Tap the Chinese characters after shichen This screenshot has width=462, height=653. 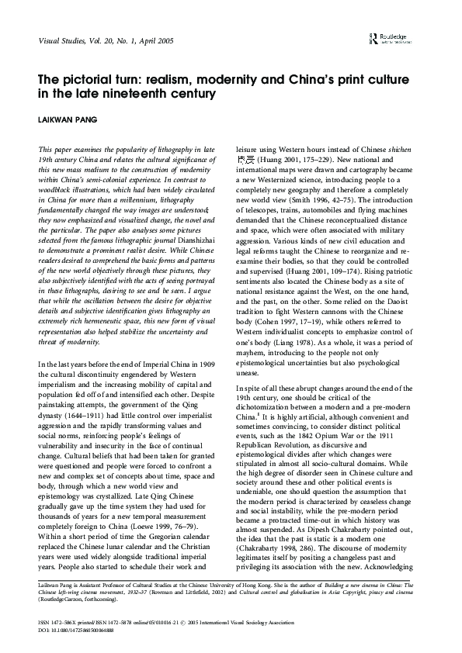(x=245, y=157)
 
